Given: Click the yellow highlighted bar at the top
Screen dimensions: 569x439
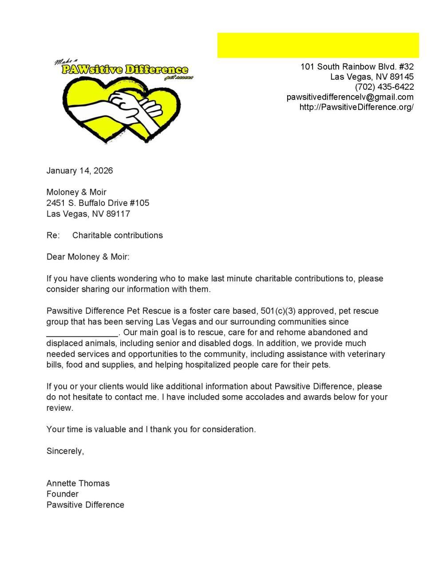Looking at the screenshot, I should [318, 45].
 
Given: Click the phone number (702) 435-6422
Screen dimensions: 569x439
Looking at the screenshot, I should [384, 87].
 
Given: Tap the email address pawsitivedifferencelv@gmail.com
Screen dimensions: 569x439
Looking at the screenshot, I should [350, 97].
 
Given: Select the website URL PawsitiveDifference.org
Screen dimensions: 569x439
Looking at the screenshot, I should [356, 107].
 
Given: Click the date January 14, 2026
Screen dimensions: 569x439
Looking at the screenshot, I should [79, 171].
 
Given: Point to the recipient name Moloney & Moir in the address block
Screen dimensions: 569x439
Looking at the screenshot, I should [76, 192].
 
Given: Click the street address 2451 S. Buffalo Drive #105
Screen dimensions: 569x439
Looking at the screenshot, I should [98, 203].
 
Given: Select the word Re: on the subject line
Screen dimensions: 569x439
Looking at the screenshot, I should [53, 235].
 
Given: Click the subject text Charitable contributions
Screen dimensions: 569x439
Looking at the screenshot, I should [117, 235].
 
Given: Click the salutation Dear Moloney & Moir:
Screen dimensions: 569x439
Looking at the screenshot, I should [88, 257].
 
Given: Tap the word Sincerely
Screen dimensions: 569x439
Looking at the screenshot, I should [65, 451].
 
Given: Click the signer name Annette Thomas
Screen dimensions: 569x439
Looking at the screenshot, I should [78, 483].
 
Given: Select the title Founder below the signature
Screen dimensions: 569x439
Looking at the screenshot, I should [62, 494].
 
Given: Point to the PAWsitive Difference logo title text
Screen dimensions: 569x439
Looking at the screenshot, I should [125, 70].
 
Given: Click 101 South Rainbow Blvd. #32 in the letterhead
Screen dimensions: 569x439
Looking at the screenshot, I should [357, 67].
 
